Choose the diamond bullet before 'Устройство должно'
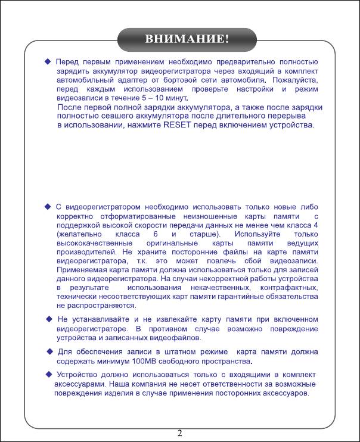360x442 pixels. (48, 374)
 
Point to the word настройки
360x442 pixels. (243, 88)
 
